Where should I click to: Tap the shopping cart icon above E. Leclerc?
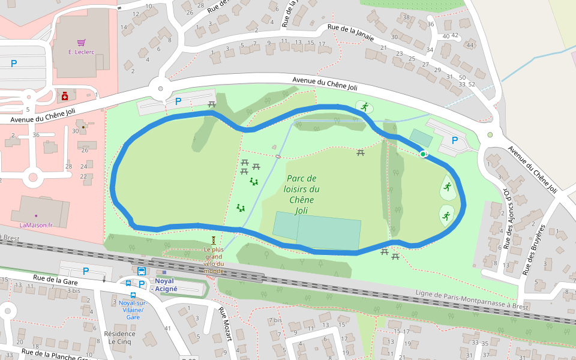(x=82, y=43)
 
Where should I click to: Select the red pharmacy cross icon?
(x=65, y=95)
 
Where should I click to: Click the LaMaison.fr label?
(x=36, y=225)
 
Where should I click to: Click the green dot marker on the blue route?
(x=423, y=154)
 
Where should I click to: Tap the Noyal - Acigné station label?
(x=164, y=284)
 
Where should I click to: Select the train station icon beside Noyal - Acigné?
(x=142, y=271)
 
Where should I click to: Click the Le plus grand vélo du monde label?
(x=213, y=260)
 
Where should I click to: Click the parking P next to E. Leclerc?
(x=14, y=63)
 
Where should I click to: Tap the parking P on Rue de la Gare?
(x=86, y=271)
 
